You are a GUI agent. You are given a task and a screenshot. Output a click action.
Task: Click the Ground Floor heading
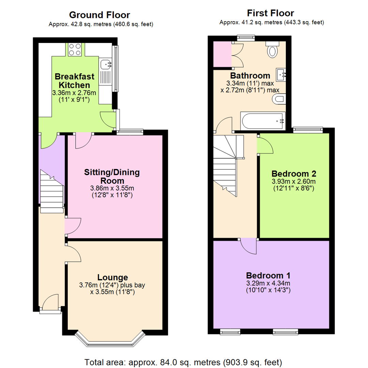click(x=99, y=15)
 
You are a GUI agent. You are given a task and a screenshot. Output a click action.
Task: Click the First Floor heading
click(x=271, y=13)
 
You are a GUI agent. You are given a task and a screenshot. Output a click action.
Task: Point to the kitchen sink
click(x=106, y=63)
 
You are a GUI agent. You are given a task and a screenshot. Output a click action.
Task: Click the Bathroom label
click(x=250, y=75)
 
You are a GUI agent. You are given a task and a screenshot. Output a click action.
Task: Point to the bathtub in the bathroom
click(x=262, y=121)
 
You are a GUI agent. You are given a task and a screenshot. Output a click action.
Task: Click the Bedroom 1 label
click(x=268, y=275)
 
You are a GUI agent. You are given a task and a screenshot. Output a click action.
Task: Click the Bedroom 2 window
click(x=308, y=129)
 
